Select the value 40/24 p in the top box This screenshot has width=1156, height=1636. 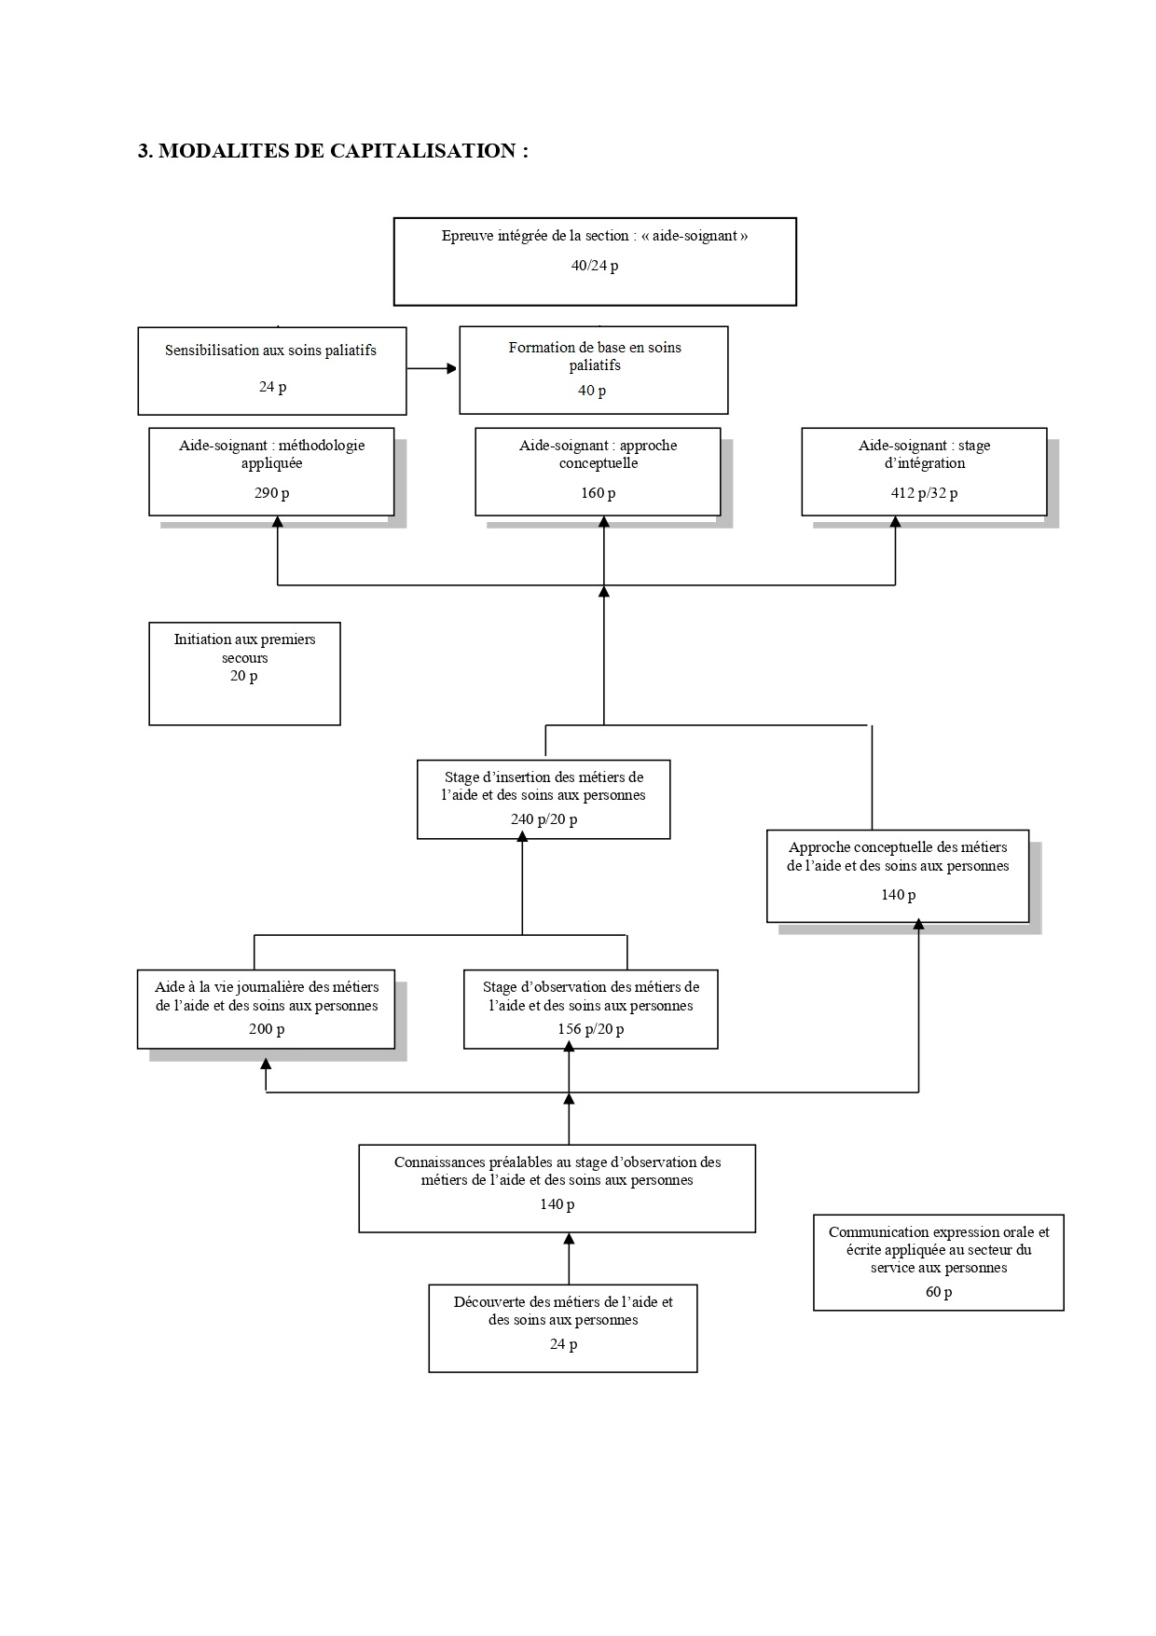pos(595,266)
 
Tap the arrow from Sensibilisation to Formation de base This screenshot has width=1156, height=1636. pos(433,368)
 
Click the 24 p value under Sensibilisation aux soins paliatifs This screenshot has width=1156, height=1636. pos(272,386)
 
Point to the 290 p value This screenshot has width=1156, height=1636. pos(272,493)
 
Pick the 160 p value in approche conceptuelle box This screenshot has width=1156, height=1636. pos(599,493)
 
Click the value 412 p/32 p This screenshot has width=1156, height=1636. pos(924,493)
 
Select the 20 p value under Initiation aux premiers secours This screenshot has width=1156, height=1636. pos(244,676)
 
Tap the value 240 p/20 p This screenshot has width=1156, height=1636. pos(544,819)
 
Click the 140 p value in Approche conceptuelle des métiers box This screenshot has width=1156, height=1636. pos(899,895)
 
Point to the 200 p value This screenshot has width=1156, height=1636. pos(267,1029)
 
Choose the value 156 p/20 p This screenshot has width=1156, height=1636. pos(591,1029)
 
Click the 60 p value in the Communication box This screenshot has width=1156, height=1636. pos(939,1292)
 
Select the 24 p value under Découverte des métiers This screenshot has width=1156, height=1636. pos(563,1344)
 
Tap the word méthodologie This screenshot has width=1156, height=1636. pos(322,446)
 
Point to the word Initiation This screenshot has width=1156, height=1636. pos(201,639)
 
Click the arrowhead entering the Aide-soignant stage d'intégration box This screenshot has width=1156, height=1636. pos(895,522)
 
